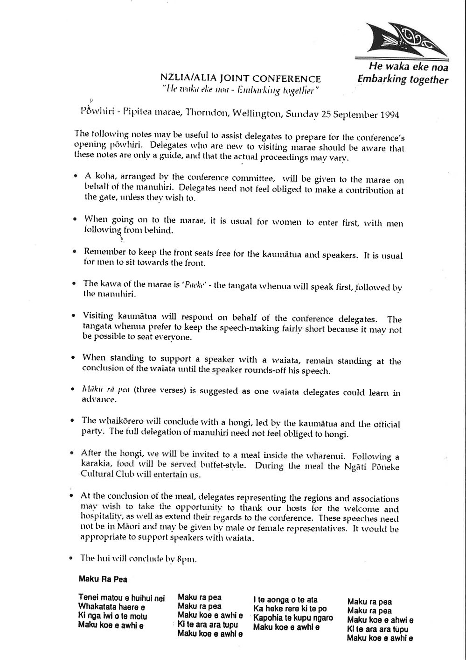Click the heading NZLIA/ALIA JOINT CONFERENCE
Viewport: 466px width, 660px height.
[240, 79]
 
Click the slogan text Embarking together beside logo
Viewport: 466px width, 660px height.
[402, 79]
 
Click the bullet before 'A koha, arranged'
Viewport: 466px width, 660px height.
[76, 178]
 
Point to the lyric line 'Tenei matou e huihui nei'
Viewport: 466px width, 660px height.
[122, 598]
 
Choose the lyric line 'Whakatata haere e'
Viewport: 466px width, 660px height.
[111, 607]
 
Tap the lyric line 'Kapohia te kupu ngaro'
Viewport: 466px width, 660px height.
[293, 618]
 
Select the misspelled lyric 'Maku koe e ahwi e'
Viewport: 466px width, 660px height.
[380, 620]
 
